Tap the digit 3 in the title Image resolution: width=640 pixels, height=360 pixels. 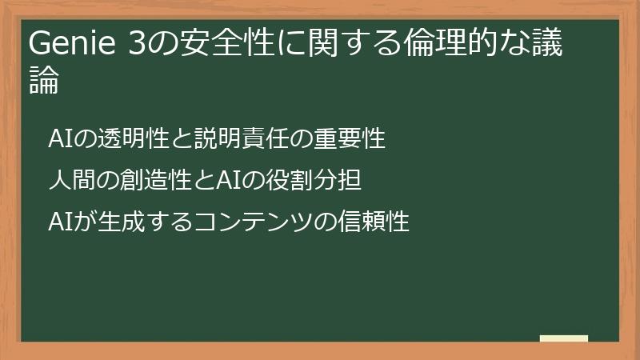pos(137,46)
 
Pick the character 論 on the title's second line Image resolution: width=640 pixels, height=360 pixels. pos(44,82)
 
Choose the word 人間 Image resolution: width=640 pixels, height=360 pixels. pos(70,180)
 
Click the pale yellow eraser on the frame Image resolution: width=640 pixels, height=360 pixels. pos(564,338)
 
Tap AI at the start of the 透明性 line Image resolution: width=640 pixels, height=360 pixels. pos(60,139)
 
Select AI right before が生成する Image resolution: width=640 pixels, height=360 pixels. pos(60,221)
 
